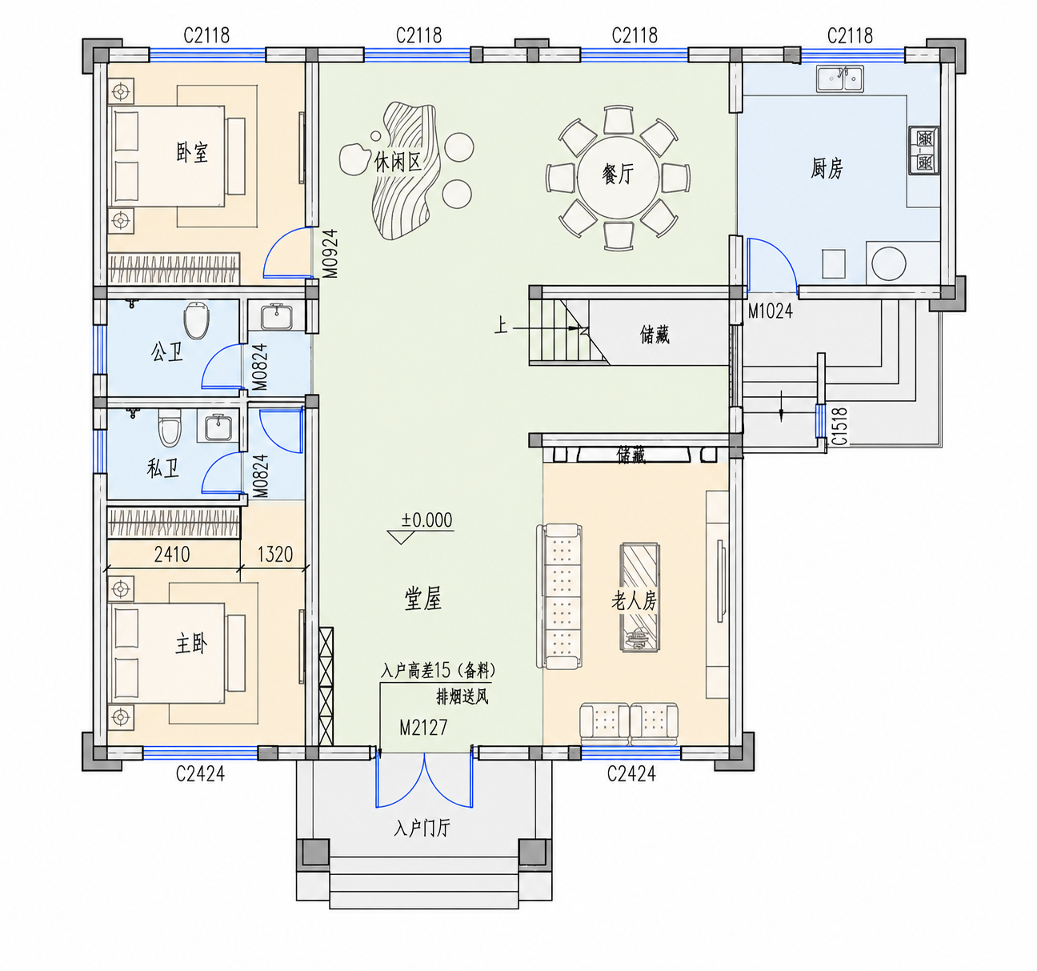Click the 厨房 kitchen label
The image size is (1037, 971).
coord(827,168)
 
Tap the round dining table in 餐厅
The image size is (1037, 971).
coord(618,178)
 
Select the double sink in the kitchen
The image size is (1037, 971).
coord(839,79)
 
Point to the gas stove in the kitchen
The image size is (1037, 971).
coord(923,150)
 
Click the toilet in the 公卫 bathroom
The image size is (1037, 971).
coord(196,320)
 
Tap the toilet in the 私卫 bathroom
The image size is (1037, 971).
coord(170,427)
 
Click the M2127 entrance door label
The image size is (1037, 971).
coord(423,727)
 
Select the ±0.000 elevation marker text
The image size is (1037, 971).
coord(426,520)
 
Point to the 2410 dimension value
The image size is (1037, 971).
coord(172,554)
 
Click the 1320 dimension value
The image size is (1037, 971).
coord(275,554)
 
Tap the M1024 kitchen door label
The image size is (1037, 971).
coord(771,311)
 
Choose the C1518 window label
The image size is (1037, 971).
coord(839,427)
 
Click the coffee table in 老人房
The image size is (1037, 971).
coord(639,597)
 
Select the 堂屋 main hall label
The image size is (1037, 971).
coord(423,599)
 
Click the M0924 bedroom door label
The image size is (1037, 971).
coord(330,254)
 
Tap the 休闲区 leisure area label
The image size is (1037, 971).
coord(398,163)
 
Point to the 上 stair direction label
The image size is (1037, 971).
coord(501,326)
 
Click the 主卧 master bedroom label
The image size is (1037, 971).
coord(191,644)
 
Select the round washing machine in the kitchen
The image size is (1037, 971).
coord(889,263)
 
